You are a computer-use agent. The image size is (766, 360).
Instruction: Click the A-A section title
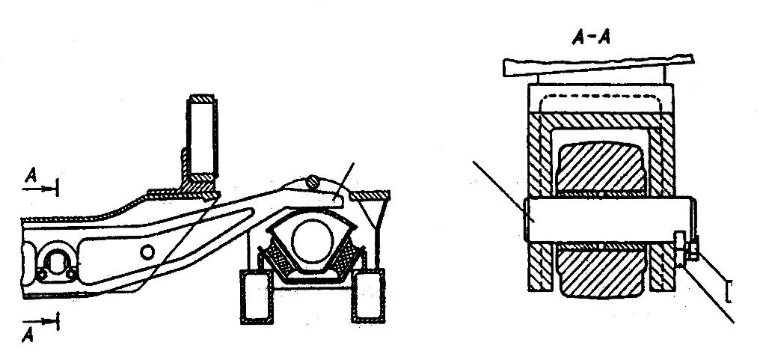coord(591,37)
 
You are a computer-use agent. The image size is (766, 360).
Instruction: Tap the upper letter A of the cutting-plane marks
coord(31,175)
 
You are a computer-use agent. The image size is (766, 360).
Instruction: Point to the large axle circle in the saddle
coord(313,240)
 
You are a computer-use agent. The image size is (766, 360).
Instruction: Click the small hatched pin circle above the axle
coord(313,182)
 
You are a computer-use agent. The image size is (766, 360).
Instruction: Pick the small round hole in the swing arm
coord(147,252)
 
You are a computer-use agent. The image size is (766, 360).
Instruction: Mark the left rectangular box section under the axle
coord(257,296)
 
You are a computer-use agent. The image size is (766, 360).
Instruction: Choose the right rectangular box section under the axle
coord(368,296)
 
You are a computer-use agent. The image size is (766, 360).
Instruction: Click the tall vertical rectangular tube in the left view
coord(202,137)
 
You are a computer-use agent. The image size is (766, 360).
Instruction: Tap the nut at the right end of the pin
coord(693,249)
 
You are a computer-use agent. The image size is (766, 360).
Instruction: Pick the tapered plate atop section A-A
coord(598,65)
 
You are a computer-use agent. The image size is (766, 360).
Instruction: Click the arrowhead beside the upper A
coord(48,189)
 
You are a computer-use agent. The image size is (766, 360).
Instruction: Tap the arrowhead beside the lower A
coord(48,321)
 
